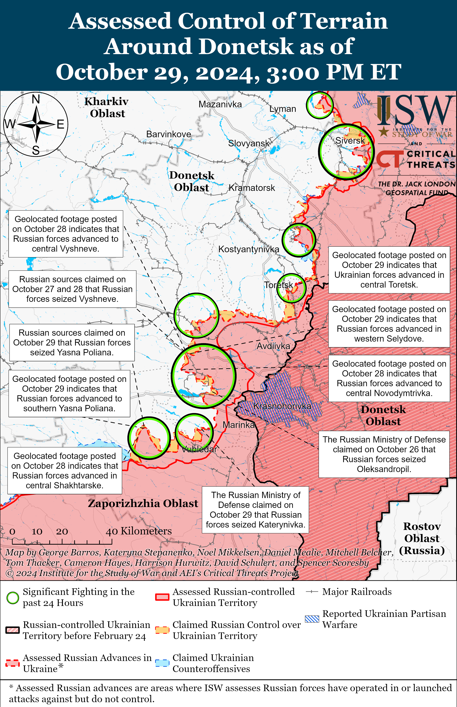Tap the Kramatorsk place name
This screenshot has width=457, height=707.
pyautogui.click(x=252, y=188)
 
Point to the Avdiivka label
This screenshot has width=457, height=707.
pyautogui.click(x=273, y=346)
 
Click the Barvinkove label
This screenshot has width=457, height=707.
pyautogui.click(x=169, y=134)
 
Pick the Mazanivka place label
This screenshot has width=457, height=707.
pyautogui.click(x=220, y=104)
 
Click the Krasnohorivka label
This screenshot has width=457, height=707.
pyautogui.click(x=282, y=406)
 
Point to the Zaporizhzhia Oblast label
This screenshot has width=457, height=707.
pyautogui.click(x=143, y=503)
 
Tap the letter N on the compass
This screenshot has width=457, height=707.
pyautogui.click(x=36, y=99)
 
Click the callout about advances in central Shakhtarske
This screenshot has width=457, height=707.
pyautogui.click(x=65, y=471)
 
